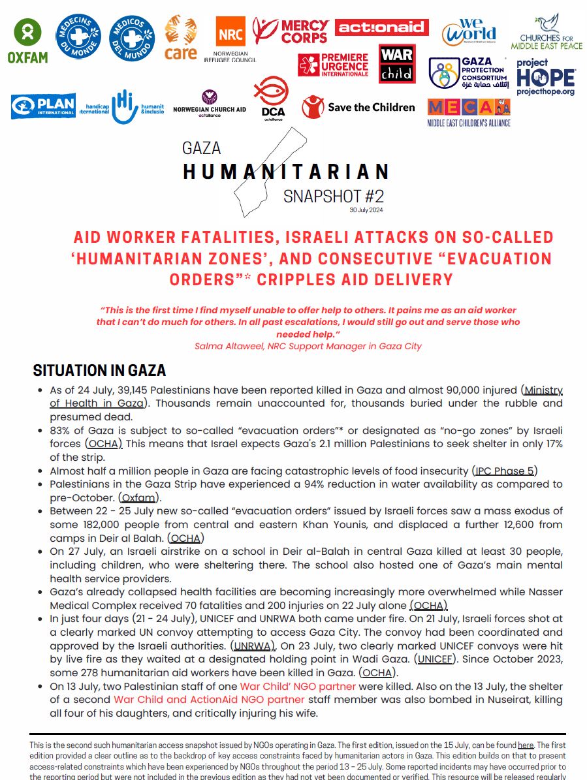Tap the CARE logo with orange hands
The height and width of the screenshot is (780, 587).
point(181,39)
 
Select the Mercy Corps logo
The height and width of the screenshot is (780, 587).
point(292,31)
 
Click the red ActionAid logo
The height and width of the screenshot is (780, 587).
point(381,27)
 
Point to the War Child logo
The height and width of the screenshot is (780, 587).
point(396,64)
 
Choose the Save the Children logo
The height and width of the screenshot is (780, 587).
point(358,107)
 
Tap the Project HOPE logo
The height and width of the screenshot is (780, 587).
point(545,77)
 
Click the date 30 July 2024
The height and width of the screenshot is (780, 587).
point(366,210)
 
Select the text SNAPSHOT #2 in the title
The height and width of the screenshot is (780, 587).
point(334,196)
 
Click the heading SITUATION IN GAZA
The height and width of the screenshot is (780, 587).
point(99,371)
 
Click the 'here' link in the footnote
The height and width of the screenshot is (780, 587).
point(526,745)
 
